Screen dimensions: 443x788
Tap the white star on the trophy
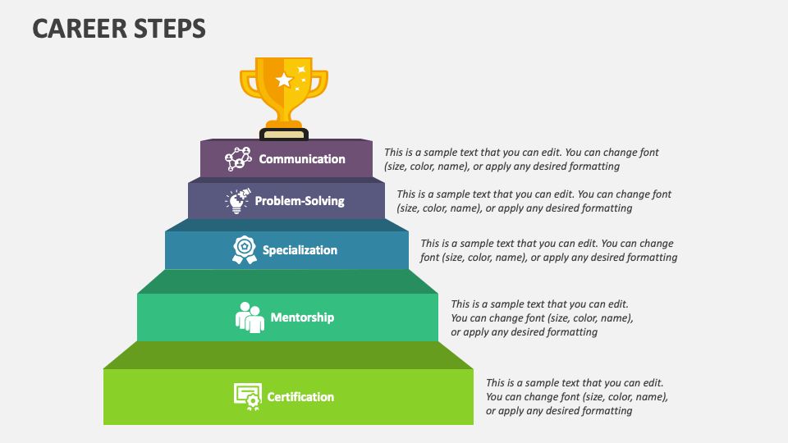tap(284, 80)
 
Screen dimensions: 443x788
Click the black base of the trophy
tap(284, 134)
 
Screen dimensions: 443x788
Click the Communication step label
tap(302, 159)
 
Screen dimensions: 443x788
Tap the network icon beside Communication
tap(238, 158)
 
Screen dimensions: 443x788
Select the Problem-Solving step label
tap(300, 201)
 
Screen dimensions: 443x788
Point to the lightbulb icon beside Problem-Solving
tap(237, 201)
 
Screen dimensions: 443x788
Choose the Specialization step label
tap(300, 250)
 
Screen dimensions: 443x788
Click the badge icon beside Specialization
tap(244, 249)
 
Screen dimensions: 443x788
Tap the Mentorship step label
tap(302, 317)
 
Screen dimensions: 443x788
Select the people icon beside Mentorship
tap(250, 317)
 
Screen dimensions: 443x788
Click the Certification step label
tap(300, 397)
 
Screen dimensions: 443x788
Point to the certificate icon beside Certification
tap(247, 396)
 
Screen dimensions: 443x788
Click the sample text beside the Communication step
tap(521, 159)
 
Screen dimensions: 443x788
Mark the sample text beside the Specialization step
tap(548, 250)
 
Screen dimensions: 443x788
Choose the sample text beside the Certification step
tap(576, 396)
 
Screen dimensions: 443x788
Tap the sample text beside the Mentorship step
tap(542, 317)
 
